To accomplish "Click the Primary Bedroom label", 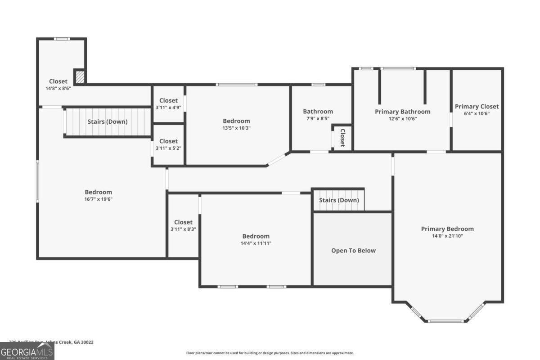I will (447, 229).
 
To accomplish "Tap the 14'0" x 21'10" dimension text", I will (447, 236).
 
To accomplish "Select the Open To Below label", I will (353, 251).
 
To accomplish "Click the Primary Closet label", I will (477, 107).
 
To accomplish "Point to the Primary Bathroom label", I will (403, 112).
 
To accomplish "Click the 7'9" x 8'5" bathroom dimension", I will (318, 119).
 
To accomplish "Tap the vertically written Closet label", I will (342, 138).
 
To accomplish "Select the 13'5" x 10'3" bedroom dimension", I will (236, 128).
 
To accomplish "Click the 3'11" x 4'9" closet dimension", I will (168, 108).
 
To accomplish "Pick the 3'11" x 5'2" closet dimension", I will (168, 148).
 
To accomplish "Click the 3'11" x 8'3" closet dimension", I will (183, 229).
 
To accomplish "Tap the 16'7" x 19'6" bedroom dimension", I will (98, 199).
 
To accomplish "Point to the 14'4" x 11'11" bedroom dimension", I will (256, 243).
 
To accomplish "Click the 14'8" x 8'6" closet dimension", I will (58, 88).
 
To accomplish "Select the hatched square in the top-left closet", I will (79, 77).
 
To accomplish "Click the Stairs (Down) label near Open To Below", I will (339, 200).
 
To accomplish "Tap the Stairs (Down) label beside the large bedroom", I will (107, 121).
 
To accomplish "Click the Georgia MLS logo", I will (27, 351).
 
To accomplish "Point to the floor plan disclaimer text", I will (270, 353).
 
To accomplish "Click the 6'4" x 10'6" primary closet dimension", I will (477, 113).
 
